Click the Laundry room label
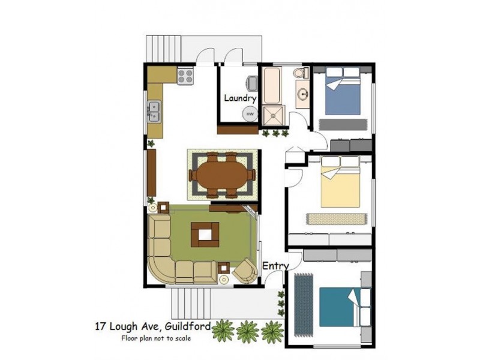tap(240, 98)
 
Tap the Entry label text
tap(275, 266)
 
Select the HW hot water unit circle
tap(249, 114)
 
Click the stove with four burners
tap(185, 76)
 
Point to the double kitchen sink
tap(154, 112)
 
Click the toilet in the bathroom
tap(301, 73)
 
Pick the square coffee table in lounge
tap(205, 235)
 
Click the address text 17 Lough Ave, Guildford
tap(152, 327)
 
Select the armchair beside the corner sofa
tap(244, 271)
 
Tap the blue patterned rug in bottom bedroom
tap(304, 303)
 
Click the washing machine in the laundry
tap(249, 83)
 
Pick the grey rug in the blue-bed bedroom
tap(344, 124)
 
